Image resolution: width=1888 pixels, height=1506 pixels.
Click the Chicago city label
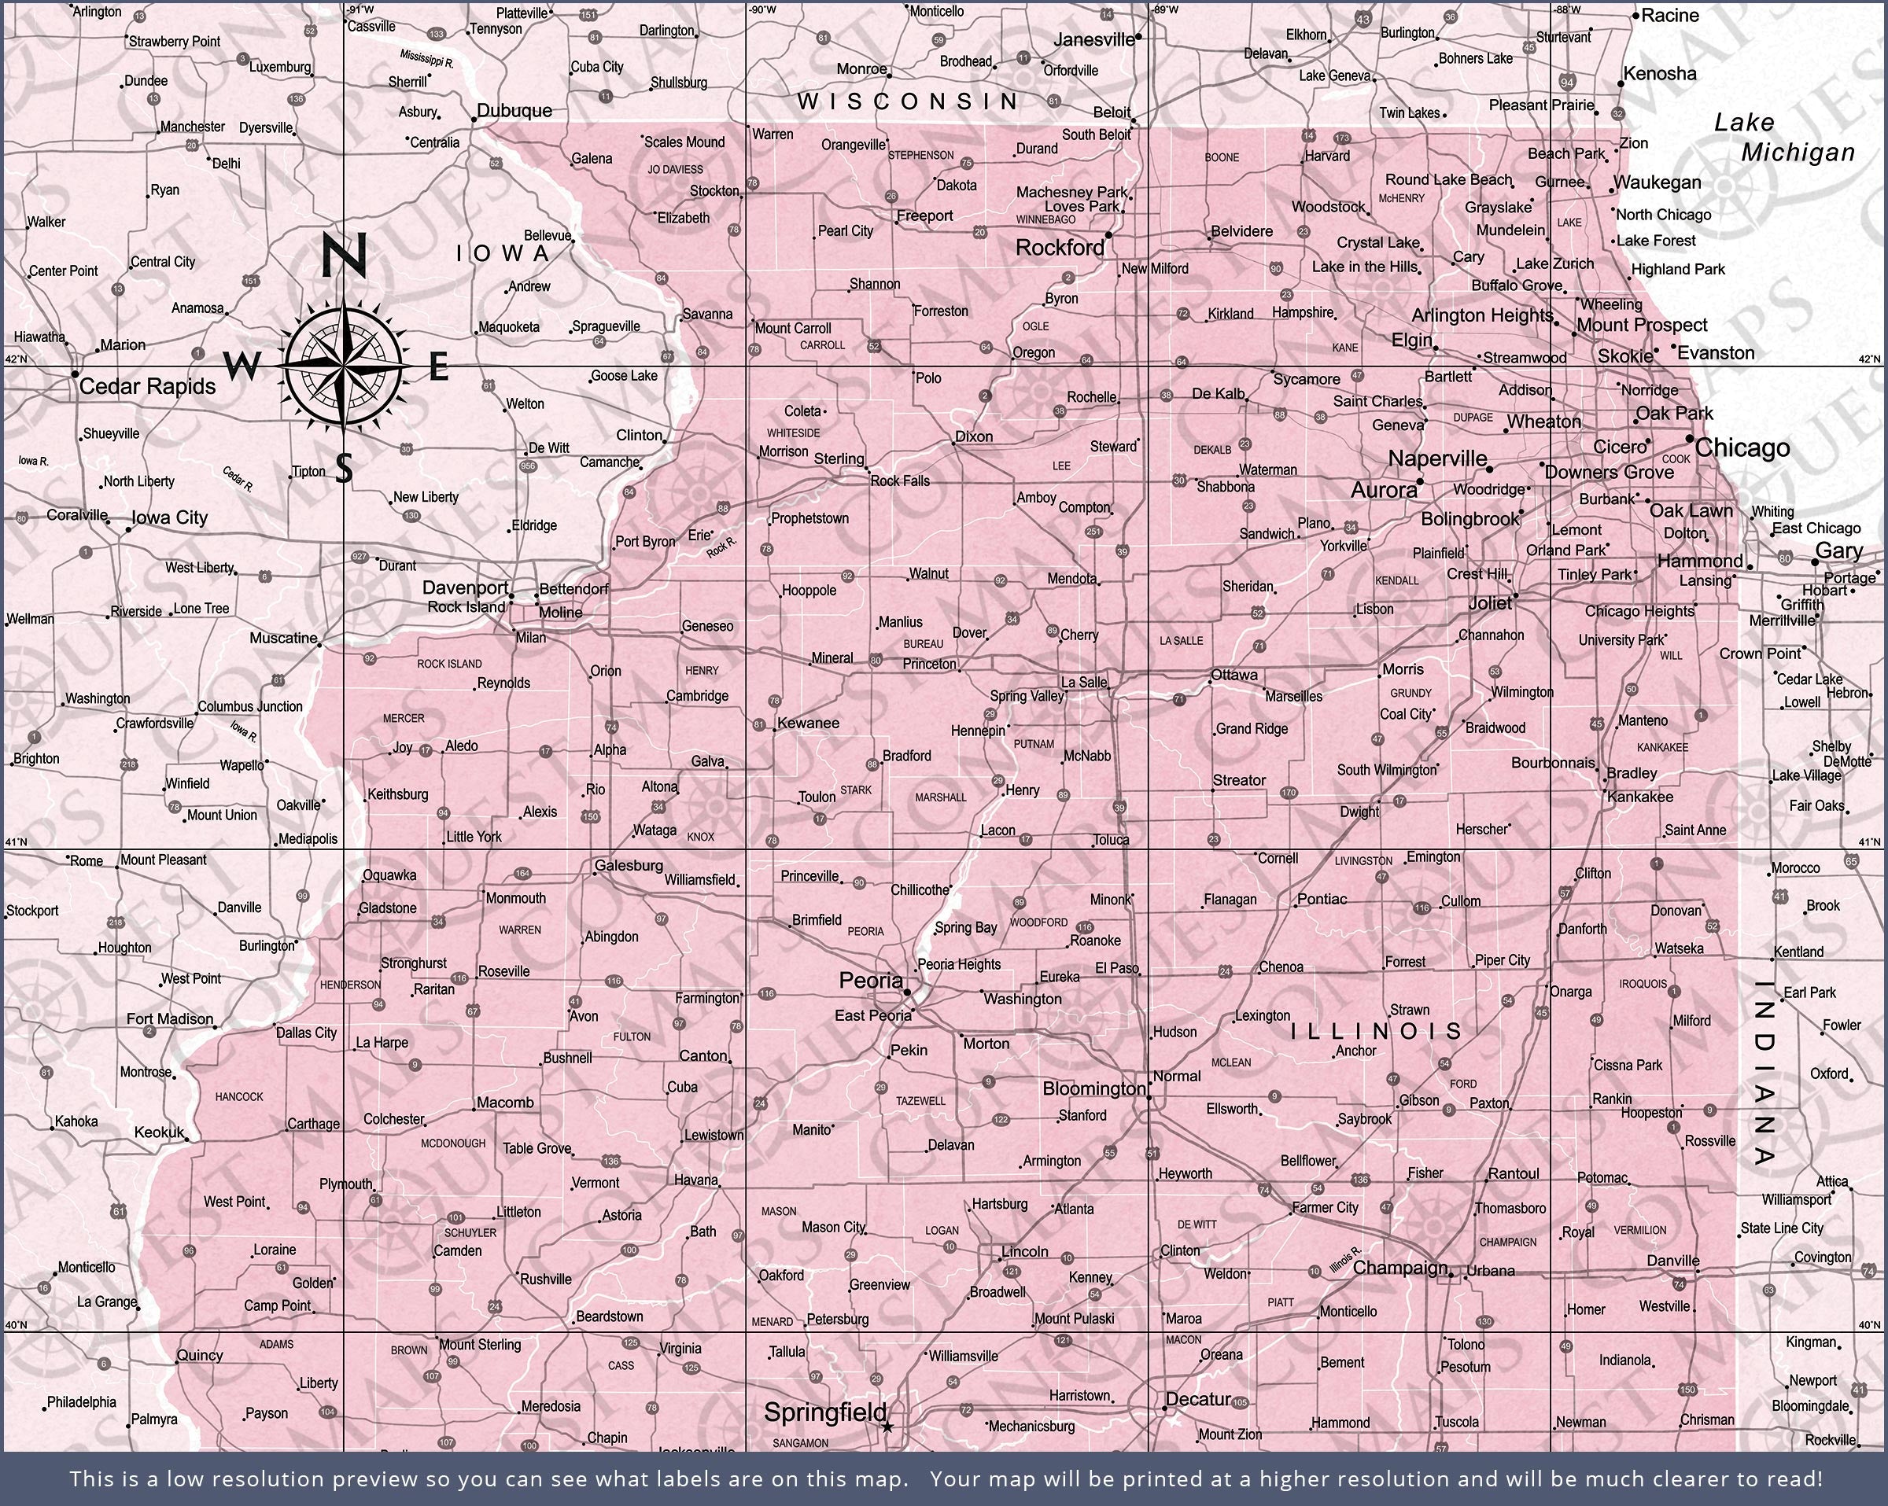(1742, 448)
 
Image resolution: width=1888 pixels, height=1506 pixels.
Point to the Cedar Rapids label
(147, 386)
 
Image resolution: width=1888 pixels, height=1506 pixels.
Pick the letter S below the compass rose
(344, 469)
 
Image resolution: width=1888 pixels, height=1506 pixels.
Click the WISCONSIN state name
(908, 101)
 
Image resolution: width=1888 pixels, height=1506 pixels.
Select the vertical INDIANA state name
(1765, 1072)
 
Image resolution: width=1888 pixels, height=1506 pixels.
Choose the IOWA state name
(503, 254)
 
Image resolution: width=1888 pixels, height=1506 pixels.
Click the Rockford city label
(1060, 248)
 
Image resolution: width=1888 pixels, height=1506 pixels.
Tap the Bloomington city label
(1093, 1088)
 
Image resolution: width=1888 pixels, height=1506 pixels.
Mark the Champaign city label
(1399, 1268)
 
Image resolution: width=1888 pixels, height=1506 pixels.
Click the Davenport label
(465, 587)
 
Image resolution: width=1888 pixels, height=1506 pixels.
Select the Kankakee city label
(1639, 797)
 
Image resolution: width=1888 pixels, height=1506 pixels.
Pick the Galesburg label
(629, 866)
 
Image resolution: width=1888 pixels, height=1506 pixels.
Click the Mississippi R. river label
(426, 59)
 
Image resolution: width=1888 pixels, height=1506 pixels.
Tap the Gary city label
(1838, 550)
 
